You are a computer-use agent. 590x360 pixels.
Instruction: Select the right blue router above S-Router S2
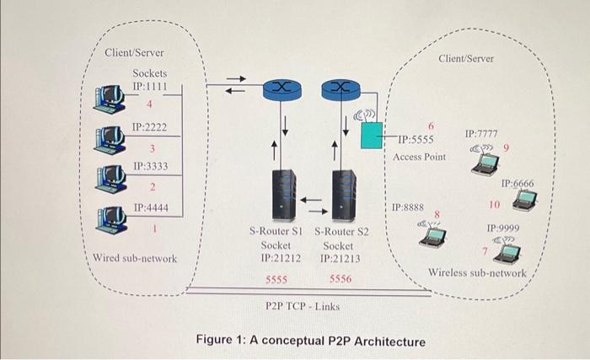pos(339,87)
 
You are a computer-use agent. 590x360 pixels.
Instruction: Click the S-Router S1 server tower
pos(284,195)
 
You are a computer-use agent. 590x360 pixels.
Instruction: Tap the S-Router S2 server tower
pos(343,195)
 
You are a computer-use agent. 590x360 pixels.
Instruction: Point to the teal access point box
pos(371,136)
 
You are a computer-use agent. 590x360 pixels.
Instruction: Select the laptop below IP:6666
pos(525,200)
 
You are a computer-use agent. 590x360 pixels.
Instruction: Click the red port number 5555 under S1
pos(277,278)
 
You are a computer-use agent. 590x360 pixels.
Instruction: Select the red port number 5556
pos(341,278)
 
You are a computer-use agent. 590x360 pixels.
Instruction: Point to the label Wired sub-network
pos(135,258)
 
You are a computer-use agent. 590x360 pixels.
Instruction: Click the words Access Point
pos(419,157)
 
